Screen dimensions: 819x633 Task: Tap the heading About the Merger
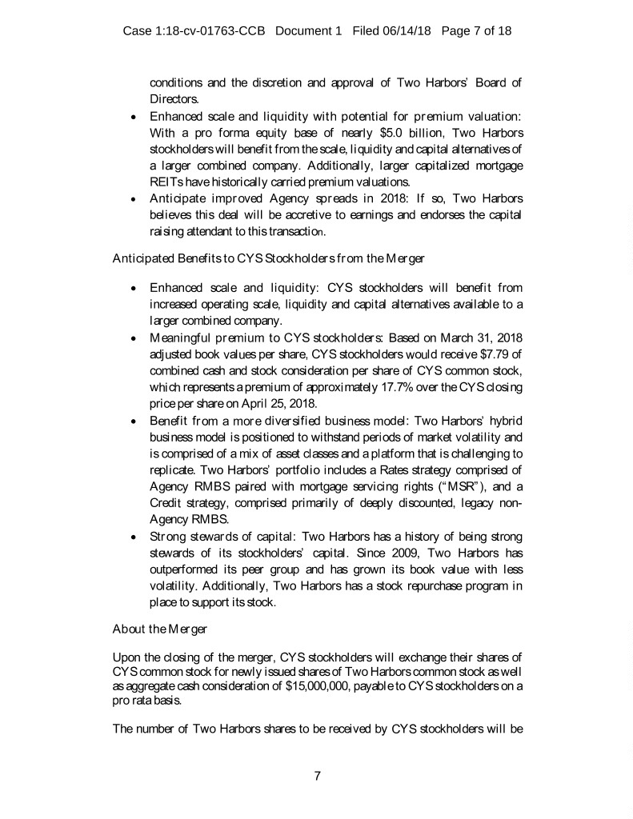(158, 628)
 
